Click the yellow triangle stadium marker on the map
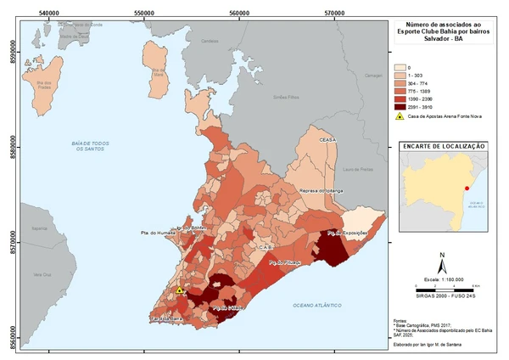180,290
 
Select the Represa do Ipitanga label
320,192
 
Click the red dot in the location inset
467,188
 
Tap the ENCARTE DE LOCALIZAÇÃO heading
444,146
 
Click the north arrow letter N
442,256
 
